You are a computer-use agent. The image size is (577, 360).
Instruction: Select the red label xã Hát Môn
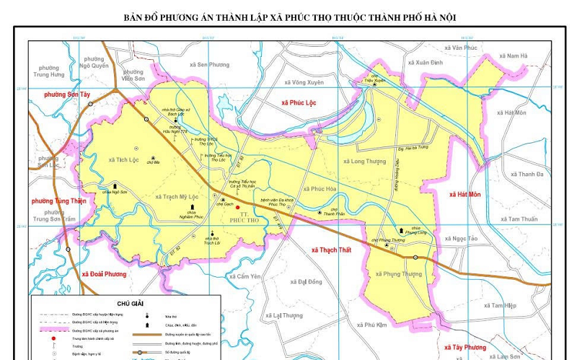tap(464, 195)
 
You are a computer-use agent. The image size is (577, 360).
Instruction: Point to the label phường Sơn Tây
tap(67, 95)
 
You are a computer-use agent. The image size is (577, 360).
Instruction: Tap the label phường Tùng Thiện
tap(58, 201)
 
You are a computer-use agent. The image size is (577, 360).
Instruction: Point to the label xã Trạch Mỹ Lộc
tap(176, 196)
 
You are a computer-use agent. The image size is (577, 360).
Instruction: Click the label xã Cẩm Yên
tap(244, 276)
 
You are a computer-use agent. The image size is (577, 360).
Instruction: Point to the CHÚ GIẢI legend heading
tap(133, 304)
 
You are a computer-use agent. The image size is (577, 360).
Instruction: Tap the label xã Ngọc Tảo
tap(461, 238)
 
